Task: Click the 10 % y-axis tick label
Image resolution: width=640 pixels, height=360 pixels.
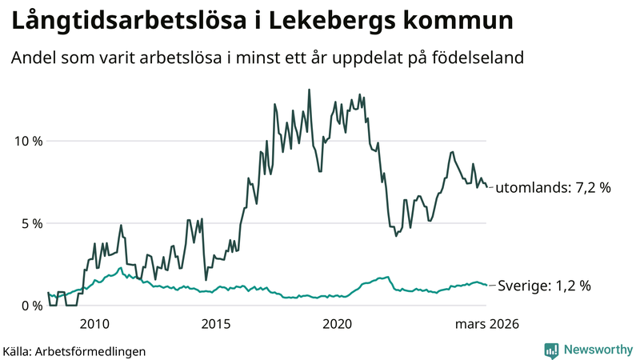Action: [29, 141]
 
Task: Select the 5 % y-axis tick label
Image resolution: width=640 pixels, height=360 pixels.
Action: [33, 223]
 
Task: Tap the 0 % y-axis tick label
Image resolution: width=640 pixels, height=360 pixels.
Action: [33, 306]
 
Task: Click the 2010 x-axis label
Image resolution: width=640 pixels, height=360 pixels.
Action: [94, 324]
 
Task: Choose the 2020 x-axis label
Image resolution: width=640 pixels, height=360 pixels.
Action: [337, 324]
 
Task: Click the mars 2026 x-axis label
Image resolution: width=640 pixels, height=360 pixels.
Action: [487, 324]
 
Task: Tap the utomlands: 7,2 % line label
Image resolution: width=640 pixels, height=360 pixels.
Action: [553, 189]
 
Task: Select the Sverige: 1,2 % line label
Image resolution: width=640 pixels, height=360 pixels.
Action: [543, 286]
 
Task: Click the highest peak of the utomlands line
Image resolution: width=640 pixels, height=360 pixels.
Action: [310, 90]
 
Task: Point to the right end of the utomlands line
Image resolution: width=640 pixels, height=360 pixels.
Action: [487, 187]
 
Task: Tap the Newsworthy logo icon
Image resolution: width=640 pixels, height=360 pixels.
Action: [551, 350]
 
